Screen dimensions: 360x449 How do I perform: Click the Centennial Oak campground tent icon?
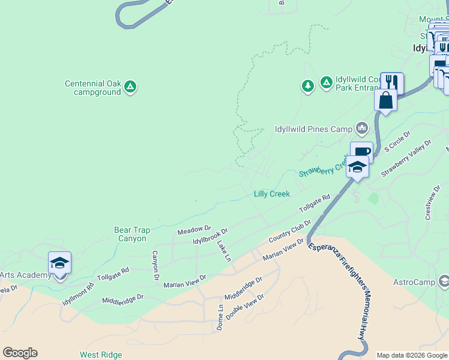(x=130, y=88)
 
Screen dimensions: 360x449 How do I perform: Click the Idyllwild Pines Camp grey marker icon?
(x=361, y=128)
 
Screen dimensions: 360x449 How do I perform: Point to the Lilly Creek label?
(x=271, y=194)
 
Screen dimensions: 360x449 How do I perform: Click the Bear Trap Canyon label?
(x=132, y=234)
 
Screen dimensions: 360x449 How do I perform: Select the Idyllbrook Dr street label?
(x=210, y=237)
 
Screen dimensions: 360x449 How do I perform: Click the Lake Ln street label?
(x=223, y=251)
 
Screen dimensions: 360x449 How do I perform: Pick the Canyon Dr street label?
(x=155, y=265)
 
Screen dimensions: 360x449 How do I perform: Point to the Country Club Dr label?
(x=290, y=232)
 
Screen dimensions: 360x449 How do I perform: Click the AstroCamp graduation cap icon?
(x=444, y=281)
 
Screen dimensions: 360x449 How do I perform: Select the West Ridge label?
(x=101, y=355)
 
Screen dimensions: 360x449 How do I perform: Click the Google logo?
(x=20, y=353)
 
